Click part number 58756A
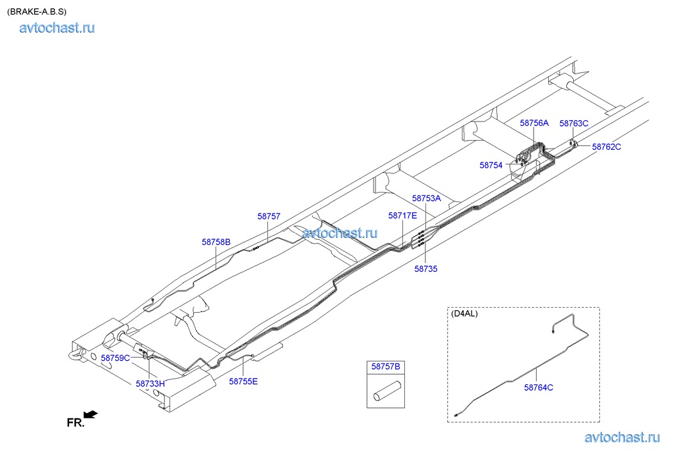[534, 123]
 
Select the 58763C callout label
[574, 123]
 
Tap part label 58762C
[606, 147]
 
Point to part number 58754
[491, 165]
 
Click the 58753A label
[426, 198]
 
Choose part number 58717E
[402, 216]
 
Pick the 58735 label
[426, 269]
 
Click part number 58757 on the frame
[269, 216]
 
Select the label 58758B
[216, 242]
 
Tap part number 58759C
[115, 358]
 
